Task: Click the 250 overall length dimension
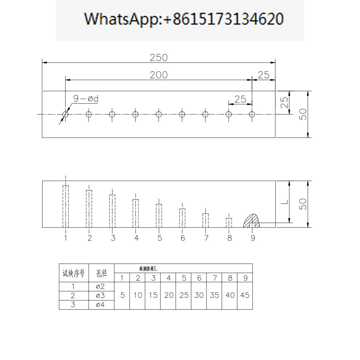coord(159,58)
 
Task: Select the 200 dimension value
coord(159,75)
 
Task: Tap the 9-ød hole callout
coord(86,99)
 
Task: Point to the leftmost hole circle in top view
coord(65,114)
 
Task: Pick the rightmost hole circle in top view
coord(252,114)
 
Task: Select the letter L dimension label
coord(284,202)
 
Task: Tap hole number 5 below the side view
coord(160,238)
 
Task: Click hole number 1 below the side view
coord(66,238)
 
